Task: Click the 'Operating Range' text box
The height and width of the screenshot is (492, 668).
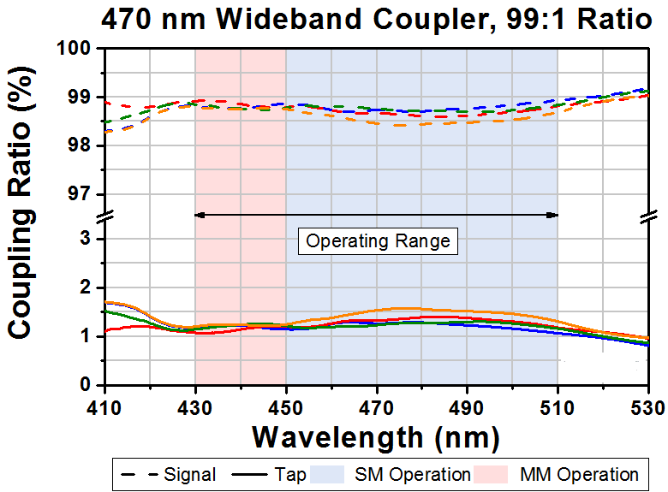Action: tap(378, 240)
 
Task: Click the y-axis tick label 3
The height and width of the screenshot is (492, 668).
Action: tap(86, 239)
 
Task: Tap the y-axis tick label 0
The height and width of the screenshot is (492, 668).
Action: tap(86, 386)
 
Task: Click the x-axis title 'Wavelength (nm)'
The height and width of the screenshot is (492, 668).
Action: tap(375, 436)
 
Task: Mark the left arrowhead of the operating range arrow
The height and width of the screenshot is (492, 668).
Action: tap(200, 214)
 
